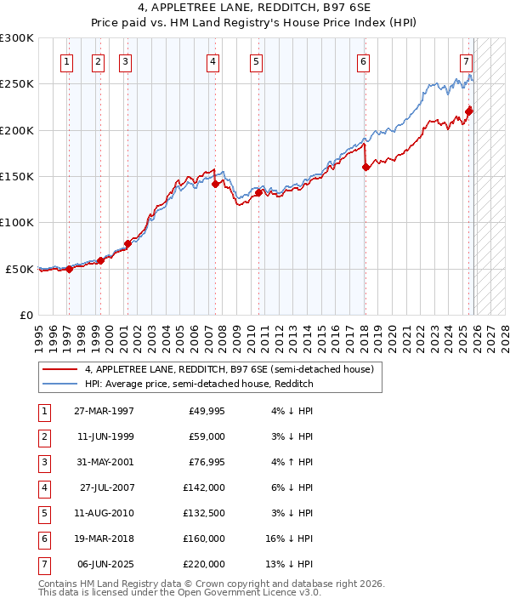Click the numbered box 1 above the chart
coord(67,61)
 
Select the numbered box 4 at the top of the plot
coord(212,61)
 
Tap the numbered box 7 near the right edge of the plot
coord(467,61)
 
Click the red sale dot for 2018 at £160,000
coord(365,168)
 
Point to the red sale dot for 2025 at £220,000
coord(469,111)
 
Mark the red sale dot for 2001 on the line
coord(127,243)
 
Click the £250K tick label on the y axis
coord(17,84)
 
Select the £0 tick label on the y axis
coord(25,315)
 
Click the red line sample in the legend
coord(59,370)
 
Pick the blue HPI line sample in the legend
coord(59,385)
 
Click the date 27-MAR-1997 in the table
coord(105,411)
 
